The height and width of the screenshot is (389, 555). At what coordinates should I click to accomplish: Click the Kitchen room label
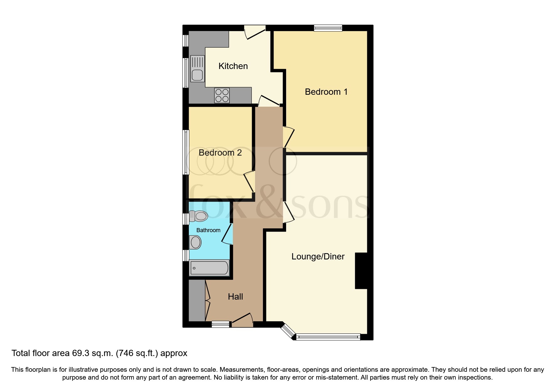pyautogui.click(x=233, y=66)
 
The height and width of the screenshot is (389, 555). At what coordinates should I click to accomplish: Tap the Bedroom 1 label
pyautogui.click(x=326, y=92)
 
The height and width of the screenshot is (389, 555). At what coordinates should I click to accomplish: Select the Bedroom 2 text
pyautogui.click(x=220, y=153)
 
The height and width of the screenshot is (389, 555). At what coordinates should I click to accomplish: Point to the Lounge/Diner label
pyautogui.click(x=318, y=257)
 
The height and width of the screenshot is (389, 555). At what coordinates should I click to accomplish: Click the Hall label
pyautogui.click(x=235, y=297)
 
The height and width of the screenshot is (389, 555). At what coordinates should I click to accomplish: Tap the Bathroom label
pyautogui.click(x=208, y=230)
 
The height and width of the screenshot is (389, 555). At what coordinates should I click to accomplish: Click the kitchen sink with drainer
pyautogui.click(x=197, y=68)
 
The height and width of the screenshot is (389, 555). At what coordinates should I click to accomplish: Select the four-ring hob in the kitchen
pyautogui.click(x=222, y=95)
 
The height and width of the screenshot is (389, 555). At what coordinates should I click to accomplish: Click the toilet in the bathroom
pyautogui.click(x=199, y=216)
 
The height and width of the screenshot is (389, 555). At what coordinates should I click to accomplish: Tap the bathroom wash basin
pyautogui.click(x=195, y=242)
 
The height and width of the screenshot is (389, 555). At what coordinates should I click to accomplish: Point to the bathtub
pyautogui.click(x=209, y=268)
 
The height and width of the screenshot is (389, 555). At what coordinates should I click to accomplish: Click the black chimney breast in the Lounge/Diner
pyautogui.click(x=361, y=270)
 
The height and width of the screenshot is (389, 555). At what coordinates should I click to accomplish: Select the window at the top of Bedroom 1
pyautogui.click(x=328, y=28)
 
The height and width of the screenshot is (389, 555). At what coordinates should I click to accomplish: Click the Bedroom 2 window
pyautogui.click(x=186, y=152)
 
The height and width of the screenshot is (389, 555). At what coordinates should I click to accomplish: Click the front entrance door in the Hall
pyautogui.click(x=242, y=320)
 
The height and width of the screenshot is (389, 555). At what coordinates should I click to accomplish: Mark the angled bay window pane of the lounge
pyautogui.click(x=288, y=331)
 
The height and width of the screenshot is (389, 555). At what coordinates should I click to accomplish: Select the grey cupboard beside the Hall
pyautogui.click(x=196, y=300)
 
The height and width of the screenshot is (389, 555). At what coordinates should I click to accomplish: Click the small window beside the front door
pyautogui.click(x=221, y=324)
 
